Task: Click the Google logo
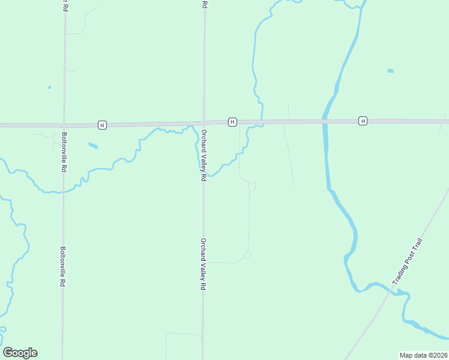tap(20, 353)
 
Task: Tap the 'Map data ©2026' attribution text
tap(423, 355)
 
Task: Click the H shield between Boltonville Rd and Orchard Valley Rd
tap(103, 125)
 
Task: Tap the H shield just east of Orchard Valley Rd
tap(232, 122)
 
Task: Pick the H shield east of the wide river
tap(363, 121)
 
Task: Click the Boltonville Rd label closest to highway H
tap(63, 152)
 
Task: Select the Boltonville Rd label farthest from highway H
tap(62, 266)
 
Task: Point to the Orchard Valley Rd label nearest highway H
tap(204, 155)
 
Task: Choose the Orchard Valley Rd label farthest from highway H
tap(203, 263)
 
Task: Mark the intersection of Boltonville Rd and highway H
tap(63, 125)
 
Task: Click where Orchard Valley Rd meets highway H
tap(204, 123)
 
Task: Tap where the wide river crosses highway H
tap(325, 121)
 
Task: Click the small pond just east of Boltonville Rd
tap(93, 145)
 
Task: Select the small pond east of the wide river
tap(391, 71)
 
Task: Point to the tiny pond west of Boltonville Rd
tap(49, 87)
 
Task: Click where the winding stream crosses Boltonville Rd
tap(62, 191)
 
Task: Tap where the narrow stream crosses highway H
tap(262, 122)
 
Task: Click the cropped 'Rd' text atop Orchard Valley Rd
tap(205, 4)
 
